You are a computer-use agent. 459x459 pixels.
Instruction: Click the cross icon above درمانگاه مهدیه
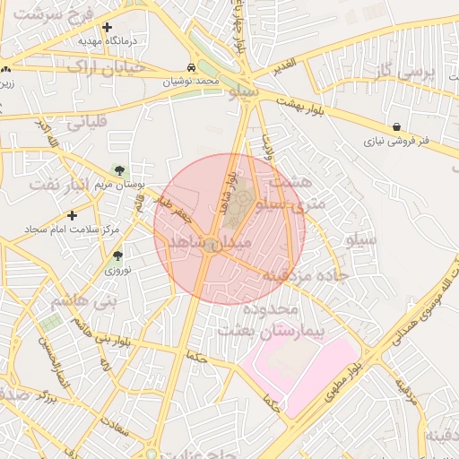pyautogui.click(x=108, y=28)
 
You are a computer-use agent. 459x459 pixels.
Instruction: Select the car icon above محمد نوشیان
pyautogui.click(x=192, y=68)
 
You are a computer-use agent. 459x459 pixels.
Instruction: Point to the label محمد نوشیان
pyautogui.click(x=191, y=81)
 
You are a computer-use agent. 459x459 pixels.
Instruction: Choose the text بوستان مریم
pyautogui.click(x=120, y=183)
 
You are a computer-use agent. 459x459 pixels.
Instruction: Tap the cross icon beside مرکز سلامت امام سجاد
pyautogui.click(x=73, y=215)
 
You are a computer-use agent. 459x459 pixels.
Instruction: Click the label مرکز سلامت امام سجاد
pyautogui.click(x=73, y=229)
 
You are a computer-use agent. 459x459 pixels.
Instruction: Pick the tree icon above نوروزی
pyautogui.click(x=117, y=255)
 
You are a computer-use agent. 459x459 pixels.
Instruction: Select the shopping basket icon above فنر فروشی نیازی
pyautogui.click(x=396, y=127)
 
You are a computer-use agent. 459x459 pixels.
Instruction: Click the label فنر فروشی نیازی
pyautogui.click(x=396, y=141)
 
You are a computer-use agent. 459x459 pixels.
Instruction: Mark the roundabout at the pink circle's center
pyautogui.click(x=212, y=247)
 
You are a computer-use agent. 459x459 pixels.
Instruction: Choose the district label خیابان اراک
pyautogui.click(x=82, y=66)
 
